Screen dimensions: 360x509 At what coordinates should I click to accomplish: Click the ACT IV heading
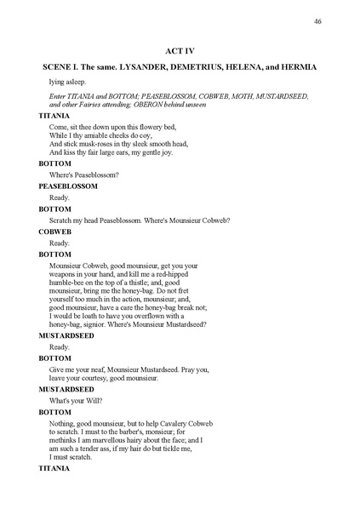pos(180,51)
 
